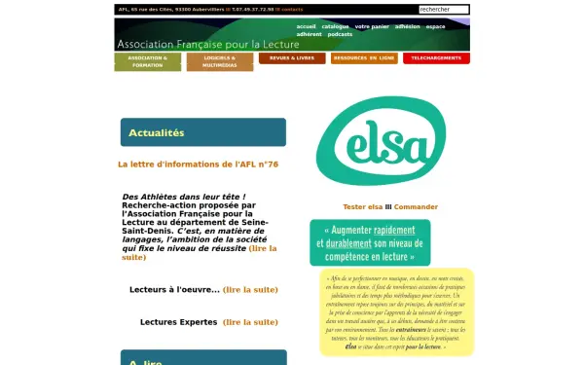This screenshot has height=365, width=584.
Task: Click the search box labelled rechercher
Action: tap(442, 9)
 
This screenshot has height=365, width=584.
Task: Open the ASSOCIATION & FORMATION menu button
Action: tap(147, 61)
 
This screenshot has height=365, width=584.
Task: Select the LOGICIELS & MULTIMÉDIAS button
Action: tap(219, 61)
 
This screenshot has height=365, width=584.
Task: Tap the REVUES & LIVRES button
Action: tap(292, 58)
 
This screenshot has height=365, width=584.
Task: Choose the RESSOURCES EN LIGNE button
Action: tap(363, 58)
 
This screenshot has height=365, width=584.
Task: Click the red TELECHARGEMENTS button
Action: tap(435, 58)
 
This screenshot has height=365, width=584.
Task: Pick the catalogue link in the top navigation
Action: tap(336, 26)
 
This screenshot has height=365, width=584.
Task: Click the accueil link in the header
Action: tap(306, 26)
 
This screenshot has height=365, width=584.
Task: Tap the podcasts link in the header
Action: tap(341, 34)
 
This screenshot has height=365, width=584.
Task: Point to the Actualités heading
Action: tap(156, 132)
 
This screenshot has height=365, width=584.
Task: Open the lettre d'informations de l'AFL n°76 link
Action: tap(198, 164)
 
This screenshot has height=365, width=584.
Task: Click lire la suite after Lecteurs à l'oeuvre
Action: tap(250, 289)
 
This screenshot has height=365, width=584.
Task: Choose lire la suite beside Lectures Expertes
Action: tap(250, 321)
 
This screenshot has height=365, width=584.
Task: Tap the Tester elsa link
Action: tap(363, 206)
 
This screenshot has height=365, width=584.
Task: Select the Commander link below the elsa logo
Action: tap(416, 206)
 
